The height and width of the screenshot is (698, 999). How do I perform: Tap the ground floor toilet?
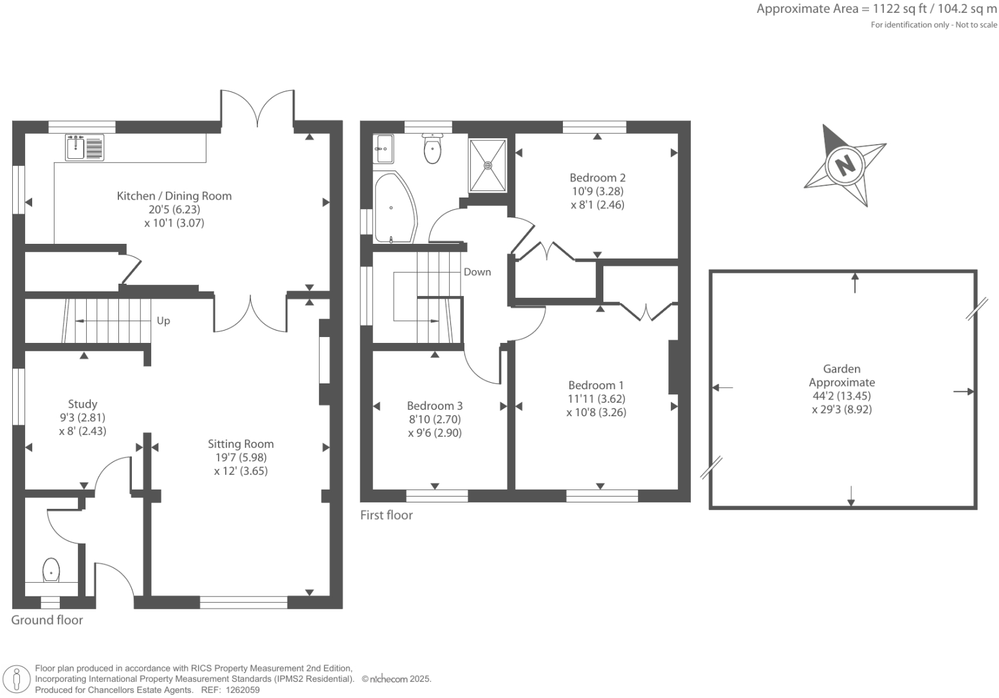[x=51, y=570]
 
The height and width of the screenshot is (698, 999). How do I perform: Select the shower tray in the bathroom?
[x=488, y=165]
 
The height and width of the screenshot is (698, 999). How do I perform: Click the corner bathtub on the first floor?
[x=394, y=208]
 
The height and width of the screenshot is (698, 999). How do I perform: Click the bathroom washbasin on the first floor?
[x=383, y=149]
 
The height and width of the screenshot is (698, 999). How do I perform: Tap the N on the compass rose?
[x=845, y=165]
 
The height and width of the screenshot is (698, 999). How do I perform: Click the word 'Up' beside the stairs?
[x=163, y=320]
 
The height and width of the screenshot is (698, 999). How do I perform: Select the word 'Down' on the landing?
[x=477, y=272]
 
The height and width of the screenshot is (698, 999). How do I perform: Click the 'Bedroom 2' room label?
[x=598, y=178]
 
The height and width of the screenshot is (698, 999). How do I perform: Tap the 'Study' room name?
[x=82, y=404]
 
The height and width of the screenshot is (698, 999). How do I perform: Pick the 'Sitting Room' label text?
[x=241, y=444]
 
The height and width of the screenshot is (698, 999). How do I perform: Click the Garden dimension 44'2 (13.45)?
[x=841, y=396]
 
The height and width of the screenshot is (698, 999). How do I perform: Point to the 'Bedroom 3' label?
[x=435, y=406]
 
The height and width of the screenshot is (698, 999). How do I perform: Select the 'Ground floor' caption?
[x=47, y=620]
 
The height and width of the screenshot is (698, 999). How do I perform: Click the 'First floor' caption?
[x=386, y=515]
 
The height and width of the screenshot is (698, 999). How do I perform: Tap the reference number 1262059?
[x=241, y=690]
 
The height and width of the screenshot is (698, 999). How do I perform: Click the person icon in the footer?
[x=17, y=679]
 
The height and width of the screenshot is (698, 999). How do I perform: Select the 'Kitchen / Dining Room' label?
[x=174, y=196]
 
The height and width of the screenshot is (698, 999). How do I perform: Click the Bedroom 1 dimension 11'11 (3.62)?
[x=596, y=399]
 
